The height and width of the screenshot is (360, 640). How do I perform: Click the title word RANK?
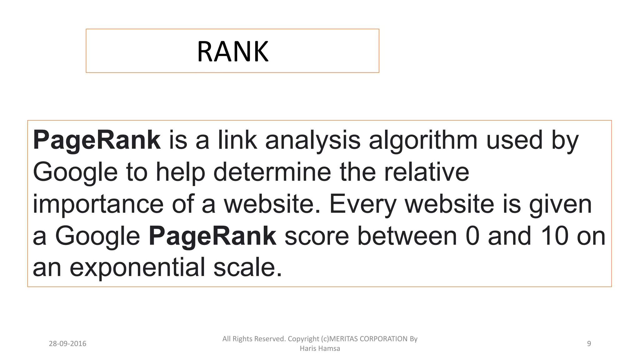(x=232, y=52)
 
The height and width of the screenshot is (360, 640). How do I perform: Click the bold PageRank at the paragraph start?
(x=97, y=140)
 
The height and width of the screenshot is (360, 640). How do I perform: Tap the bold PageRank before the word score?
(x=212, y=236)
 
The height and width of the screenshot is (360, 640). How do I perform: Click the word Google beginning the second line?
(x=75, y=172)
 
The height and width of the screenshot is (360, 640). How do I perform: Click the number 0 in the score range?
(x=472, y=236)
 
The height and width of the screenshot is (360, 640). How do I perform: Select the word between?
(x=407, y=236)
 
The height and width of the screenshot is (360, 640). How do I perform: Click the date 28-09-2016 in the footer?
(x=67, y=344)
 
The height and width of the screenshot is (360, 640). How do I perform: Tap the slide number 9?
(x=589, y=344)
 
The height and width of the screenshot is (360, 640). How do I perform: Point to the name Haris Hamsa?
(x=320, y=348)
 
